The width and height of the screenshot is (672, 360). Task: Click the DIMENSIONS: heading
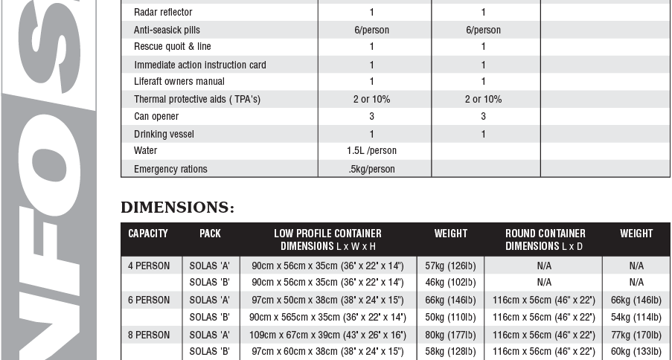pyautogui.click(x=177, y=208)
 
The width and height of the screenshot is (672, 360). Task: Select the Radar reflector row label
pyautogui.click(x=163, y=13)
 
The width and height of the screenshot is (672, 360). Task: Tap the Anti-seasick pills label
pyautogui.click(x=168, y=30)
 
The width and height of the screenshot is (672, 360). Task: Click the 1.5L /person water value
pyautogui.click(x=371, y=151)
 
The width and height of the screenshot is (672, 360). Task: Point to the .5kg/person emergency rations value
pyautogui.click(x=371, y=169)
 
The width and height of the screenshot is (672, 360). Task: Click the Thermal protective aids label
pyautogui.click(x=197, y=99)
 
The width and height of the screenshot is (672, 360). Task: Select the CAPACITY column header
pyautogui.click(x=148, y=234)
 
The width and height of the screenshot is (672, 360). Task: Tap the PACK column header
pyautogui.click(x=210, y=234)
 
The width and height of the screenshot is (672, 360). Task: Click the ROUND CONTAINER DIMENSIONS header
pyautogui.click(x=545, y=240)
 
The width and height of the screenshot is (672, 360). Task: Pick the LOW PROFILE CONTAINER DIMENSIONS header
pyautogui.click(x=327, y=240)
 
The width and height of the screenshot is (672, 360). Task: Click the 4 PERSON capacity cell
pyautogui.click(x=149, y=266)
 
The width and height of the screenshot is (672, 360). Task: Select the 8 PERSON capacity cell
pyautogui.click(x=149, y=335)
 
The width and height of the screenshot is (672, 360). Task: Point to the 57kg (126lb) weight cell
pyautogui.click(x=450, y=266)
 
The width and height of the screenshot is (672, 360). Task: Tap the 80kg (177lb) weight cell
pyautogui.click(x=450, y=335)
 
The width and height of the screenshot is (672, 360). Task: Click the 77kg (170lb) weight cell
pyautogui.click(x=636, y=335)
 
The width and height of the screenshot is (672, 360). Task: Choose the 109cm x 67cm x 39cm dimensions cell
pyautogui.click(x=327, y=335)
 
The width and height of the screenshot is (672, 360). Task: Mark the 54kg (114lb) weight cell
pyautogui.click(x=636, y=318)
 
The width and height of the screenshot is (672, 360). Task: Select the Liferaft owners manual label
pyautogui.click(x=179, y=82)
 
